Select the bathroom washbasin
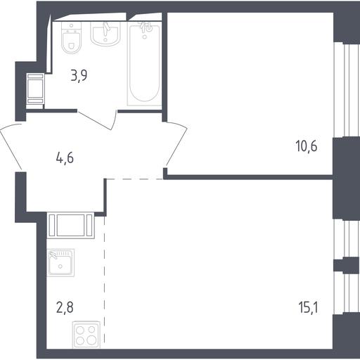tap(105, 34)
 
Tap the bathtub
tap(144, 64)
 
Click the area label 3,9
tap(79, 75)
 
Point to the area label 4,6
tap(65, 157)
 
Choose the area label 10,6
tap(307, 146)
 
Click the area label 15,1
tap(308, 307)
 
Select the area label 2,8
tap(65, 307)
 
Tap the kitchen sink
tap(60, 262)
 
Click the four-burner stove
tap(86, 335)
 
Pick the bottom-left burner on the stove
tap(80, 340)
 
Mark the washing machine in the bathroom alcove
tap(35, 89)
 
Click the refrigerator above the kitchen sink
tap(71, 225)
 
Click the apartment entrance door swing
tap(12, 146)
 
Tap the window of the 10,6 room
tap(347, 90)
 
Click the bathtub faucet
tap(146, 27)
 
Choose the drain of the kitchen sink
tap(60, 266)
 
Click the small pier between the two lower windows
tap(347, 266)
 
